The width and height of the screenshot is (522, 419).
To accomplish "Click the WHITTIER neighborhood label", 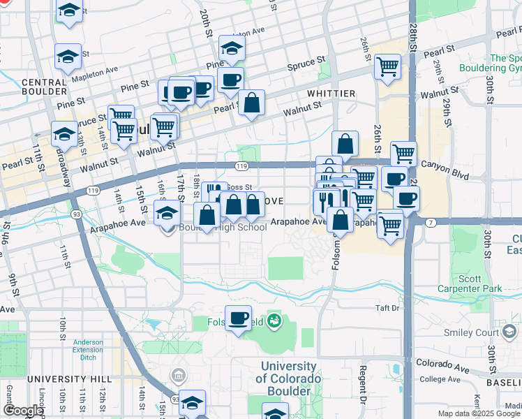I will click(330, 93).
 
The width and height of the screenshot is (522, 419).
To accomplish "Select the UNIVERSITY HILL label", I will click(69, 378).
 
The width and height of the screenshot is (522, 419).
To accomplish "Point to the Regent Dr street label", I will click(363, 383).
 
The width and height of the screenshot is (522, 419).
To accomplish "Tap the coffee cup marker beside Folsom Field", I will click(239, 318).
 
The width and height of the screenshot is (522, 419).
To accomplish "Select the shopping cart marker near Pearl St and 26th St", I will click(387, 67).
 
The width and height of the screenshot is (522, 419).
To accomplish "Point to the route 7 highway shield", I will click(431, 222).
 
